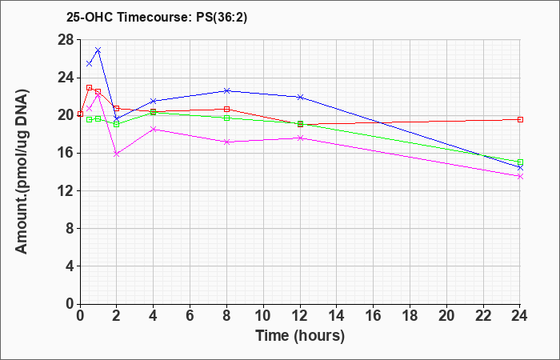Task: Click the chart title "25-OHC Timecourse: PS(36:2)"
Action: click(x=157, y=17)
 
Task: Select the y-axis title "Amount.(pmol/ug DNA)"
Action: click(x=22, y=171)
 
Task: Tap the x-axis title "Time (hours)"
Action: click(x=300, y=336)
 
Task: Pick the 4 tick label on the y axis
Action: click(x=70, y=266)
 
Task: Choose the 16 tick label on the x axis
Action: click(x=374, y=316)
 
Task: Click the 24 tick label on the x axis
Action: click(x=519, y=316)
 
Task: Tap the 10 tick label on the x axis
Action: click(x=263, y=316)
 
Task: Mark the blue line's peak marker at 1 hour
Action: click(x=98, y=50)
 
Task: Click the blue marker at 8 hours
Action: click(x=226, y=90)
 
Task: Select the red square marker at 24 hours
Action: click(x=520, y=120)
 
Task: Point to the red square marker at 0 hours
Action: click(x=80, y=114)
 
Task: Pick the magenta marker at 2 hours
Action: click(x=117, y=154)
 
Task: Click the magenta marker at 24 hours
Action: click(x=520, y=177)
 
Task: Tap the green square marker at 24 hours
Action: click(x=520, y=162)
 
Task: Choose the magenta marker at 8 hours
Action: click(x=226, y=142)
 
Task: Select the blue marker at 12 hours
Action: click(x=300, y=97)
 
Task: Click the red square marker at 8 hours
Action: click(x=226, y=109)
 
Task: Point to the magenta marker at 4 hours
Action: click(x=154, y=130)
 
